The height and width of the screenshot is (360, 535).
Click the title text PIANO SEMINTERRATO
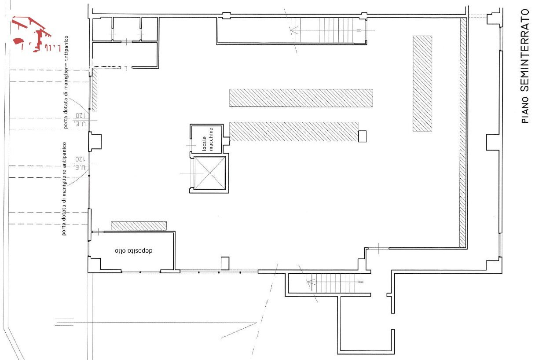click(x=525, y=66)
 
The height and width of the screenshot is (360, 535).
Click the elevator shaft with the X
click(x=209, y=173)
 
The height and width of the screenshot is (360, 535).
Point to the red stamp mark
click(x=31, y=35)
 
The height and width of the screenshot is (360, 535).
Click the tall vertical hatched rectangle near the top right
click(x=422, y=84)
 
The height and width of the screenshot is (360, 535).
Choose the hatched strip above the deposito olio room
click(x=139, y=226)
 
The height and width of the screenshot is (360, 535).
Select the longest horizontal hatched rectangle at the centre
click(x=301, y=98)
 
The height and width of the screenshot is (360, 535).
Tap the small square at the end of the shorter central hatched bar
click(x=363, y=136)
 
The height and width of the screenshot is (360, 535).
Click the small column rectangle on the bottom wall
click(x=225, y=263)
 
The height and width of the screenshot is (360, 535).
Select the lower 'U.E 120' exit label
click(x=81, y=162)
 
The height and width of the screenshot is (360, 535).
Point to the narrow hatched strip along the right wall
click(x=463, y=132)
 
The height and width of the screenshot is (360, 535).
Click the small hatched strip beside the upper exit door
click(x=95, y=91)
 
